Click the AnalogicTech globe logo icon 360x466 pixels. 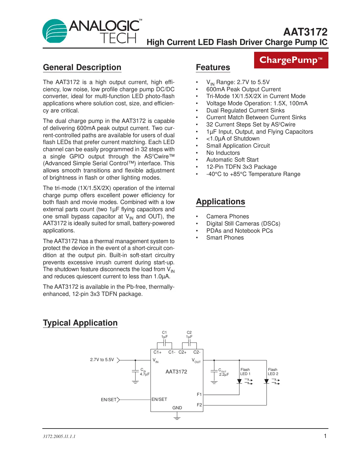(54, 31)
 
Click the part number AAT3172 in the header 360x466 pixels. (305, 32)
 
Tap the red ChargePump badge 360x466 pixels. (291, 60)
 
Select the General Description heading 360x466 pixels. (82, 67)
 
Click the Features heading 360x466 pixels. (213, 67)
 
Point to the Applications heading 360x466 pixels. (220, 202)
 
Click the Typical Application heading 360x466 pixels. (80, 323)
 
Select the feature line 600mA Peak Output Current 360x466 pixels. (243, 89)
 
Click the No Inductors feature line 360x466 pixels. (223, 153)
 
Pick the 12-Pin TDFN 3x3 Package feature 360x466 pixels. (241, 167)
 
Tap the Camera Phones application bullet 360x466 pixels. (227, 216)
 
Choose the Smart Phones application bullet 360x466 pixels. (225, 238)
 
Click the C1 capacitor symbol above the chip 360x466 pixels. (165, 343)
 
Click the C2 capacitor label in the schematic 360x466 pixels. (189, 332)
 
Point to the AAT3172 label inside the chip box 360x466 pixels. (176, 372)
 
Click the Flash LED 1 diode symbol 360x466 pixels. (239, 381)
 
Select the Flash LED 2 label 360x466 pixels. (273, 372)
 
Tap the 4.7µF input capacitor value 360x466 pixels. (144, 374)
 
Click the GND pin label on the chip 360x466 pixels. (177, 408)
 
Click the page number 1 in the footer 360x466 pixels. (325, 436)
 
